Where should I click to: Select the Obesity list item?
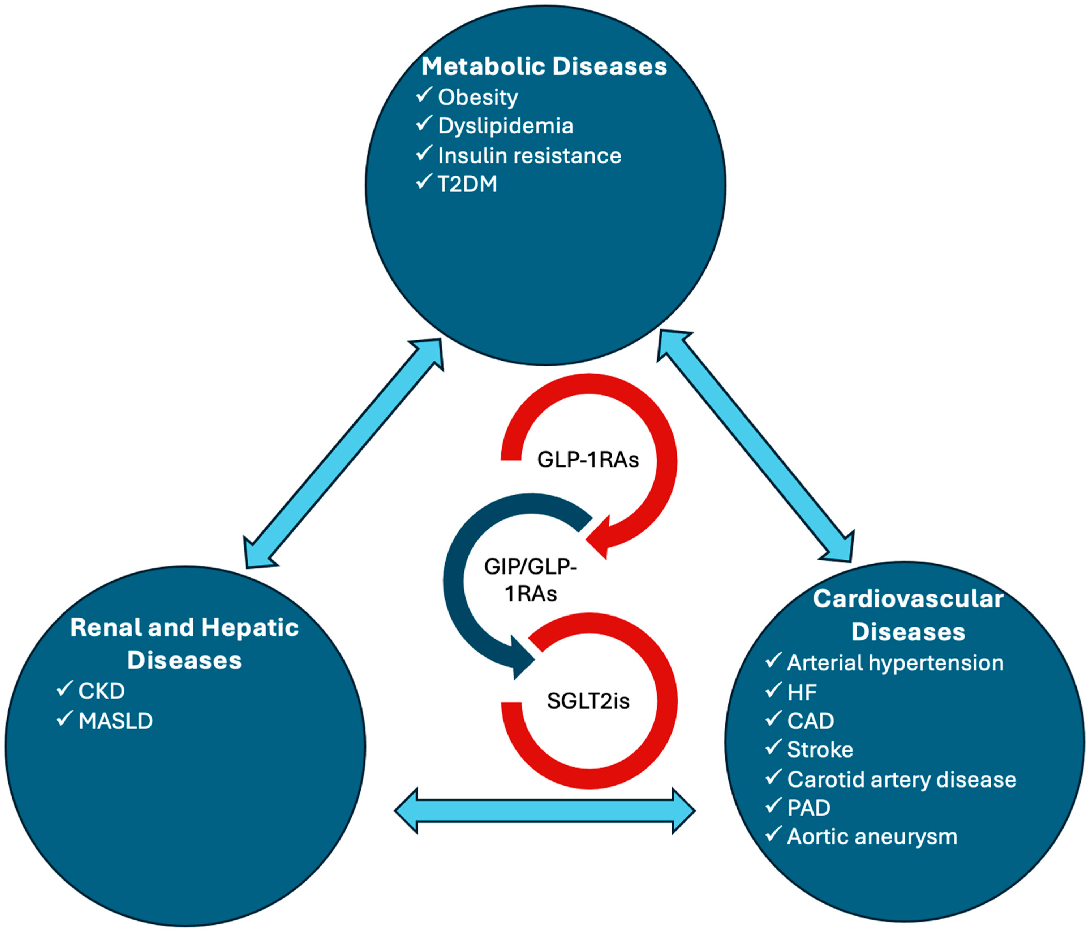click(x=477, y=97)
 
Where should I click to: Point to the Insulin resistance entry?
click(x=529, y=156)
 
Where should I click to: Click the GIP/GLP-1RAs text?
click(x=530, y=580)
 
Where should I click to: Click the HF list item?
click(x=801, y=692)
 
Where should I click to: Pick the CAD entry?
click(x=810, y=721)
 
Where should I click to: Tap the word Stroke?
click(x=820, y=750)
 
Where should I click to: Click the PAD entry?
click(x=808, y=808)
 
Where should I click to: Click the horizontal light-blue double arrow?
click(x=545, y=811)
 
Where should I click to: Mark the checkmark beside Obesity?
click(x=424, y=95)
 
